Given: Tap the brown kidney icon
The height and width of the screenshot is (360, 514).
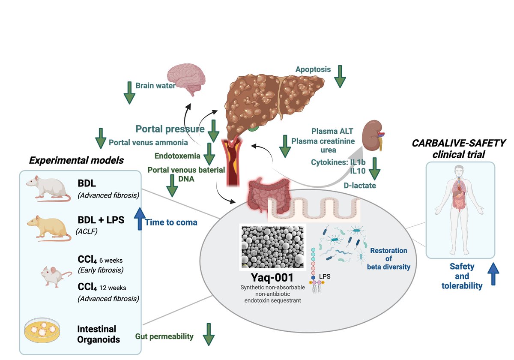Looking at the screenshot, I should tap(372, 134).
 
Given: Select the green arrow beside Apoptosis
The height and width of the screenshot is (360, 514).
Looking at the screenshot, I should tap(340, 76).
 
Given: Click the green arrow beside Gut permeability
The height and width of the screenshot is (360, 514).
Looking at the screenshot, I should tap(208, 335).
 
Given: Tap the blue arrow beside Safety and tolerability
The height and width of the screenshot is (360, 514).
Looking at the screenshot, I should tap(493, 274).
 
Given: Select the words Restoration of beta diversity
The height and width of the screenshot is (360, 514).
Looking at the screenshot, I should tap(388, 258).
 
